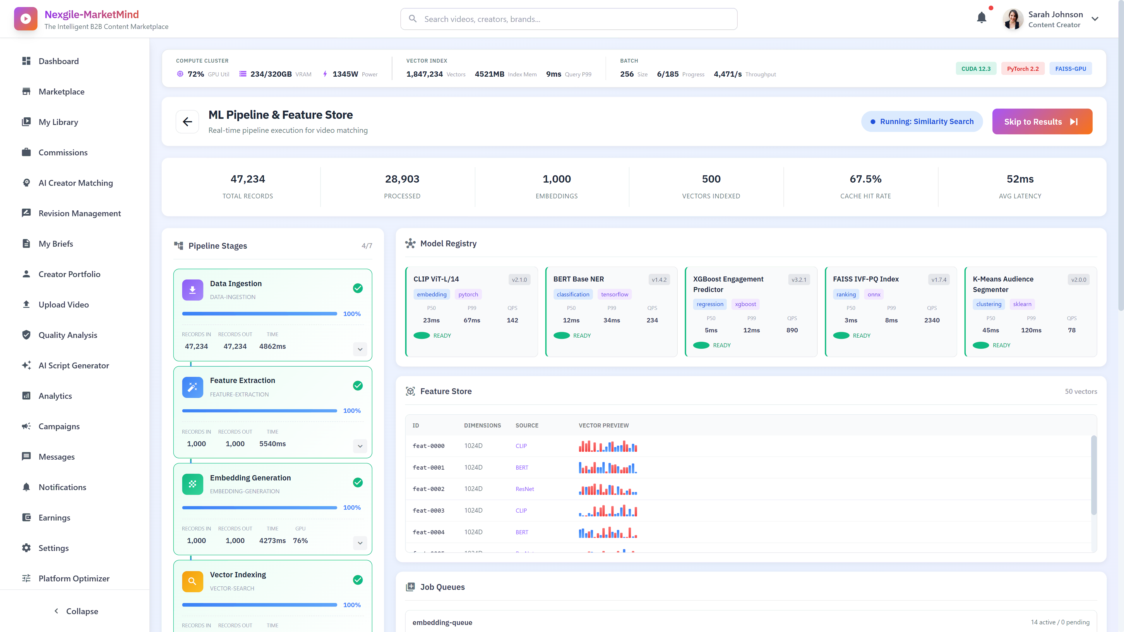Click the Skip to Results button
(1041, 122)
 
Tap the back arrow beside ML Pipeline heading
(187, 122)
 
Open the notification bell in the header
(981, 18)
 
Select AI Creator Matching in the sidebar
(76, 183)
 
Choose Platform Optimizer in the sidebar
(74, 578)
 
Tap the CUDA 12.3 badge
(976, 68)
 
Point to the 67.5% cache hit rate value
(865, 179)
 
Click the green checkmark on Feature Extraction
(358, 386)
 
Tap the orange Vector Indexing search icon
(192, 581)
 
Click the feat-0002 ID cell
(429, 489)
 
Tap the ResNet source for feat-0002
(525, 489)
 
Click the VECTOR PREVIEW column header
(604, 425)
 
